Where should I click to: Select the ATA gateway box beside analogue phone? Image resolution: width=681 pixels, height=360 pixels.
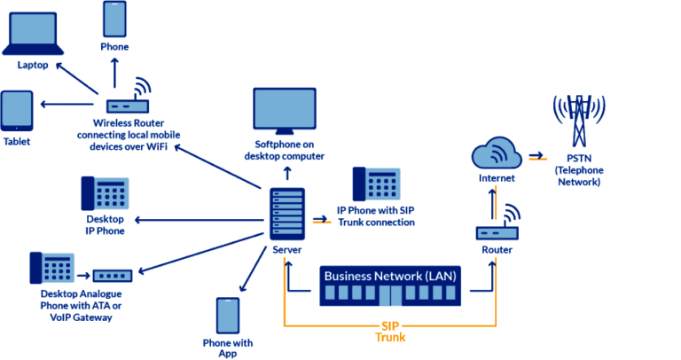pos(113,276)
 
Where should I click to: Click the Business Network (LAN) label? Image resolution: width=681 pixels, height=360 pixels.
pos(390,276)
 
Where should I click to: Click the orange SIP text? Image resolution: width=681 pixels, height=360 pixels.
pos(389,324)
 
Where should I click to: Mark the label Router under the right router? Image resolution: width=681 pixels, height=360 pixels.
pos(497,251)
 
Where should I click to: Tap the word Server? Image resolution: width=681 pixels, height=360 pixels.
pos(286,253)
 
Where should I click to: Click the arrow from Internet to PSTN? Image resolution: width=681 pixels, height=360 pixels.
pos(536,157)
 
